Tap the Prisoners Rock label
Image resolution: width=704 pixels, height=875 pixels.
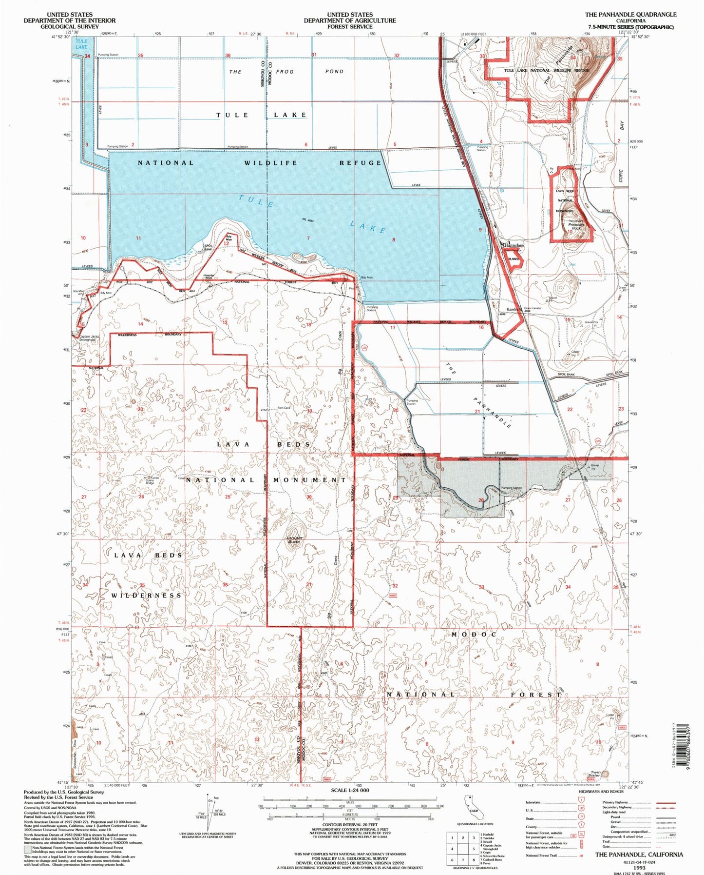[576, 226]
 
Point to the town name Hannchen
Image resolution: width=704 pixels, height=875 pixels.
[514, 245]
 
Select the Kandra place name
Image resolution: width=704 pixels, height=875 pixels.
[512, 310]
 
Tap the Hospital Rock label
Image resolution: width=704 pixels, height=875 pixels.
[209, 277]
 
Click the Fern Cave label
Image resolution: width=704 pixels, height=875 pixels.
[284, 408]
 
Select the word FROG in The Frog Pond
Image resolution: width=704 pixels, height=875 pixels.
[285, 72]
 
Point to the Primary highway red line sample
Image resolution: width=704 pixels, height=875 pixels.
[666, 802]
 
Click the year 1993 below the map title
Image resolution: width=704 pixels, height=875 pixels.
[639, 868]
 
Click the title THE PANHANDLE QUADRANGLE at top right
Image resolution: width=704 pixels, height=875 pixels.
[630, 15]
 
